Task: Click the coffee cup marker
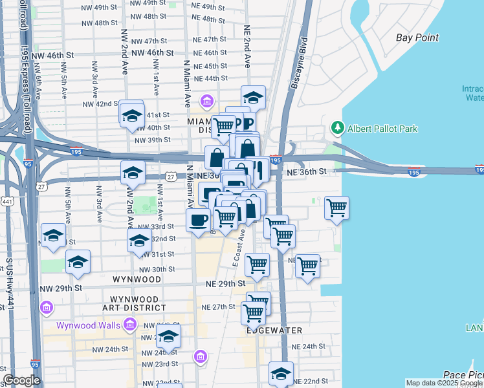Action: (x=198, y=220)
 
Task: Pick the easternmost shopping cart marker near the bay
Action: (x=336, y=208)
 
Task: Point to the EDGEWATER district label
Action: (x=274, y=330)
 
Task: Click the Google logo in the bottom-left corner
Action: (x=22, y=380)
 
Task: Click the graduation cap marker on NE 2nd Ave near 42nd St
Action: (x=253, y=98)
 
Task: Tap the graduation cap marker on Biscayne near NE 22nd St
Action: (x=281, y=373)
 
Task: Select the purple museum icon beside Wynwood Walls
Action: (x=47, y=307)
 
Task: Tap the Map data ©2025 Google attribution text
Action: (x=444, y=383)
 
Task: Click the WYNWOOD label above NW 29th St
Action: (x=137, y=279)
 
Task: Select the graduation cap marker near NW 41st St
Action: (x=132, y=115)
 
